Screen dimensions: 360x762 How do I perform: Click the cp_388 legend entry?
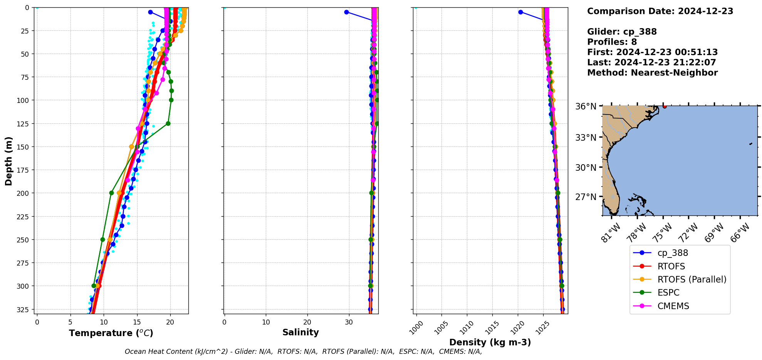[672, 253]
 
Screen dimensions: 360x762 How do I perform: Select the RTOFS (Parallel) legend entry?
[692, 279]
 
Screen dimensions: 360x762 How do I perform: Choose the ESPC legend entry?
[668, 293]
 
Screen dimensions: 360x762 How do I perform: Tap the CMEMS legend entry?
[673, 306]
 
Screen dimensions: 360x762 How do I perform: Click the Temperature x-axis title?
[111, 333]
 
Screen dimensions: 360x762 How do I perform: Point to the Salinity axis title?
[300, 332]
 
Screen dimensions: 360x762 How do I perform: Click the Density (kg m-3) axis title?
[490, 342]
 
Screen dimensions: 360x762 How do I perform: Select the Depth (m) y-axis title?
[8, 161]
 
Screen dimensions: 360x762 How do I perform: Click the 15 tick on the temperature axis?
[137, 322]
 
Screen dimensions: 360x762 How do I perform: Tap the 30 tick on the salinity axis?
[349, 322]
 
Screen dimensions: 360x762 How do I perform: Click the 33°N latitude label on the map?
[586, 138]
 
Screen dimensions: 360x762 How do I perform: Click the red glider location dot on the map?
[665, 106]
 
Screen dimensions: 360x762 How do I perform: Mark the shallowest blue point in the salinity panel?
[346, 12]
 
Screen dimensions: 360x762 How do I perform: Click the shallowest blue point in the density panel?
[520, 12]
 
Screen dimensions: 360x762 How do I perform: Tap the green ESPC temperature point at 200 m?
[111, 193]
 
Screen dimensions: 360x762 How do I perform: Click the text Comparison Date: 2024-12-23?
[660, 11]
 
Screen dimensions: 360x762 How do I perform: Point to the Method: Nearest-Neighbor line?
[652, 73]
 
